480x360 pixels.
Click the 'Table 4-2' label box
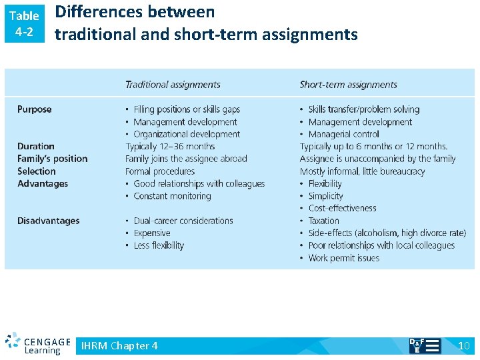click(x=24, y=23)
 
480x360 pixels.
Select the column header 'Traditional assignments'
click(x=173, y=85)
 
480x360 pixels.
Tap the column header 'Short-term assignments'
click(x=348, y=85)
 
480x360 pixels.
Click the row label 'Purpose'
click(x=34, y=109)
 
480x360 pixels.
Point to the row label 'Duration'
click(x=36, y=147)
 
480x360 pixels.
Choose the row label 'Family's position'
click(x=53, y=159)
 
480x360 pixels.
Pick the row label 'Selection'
click(x=37, y=171)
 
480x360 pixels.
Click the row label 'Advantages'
click(x=43, y=183)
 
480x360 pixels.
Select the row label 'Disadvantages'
click(x=49, y=221)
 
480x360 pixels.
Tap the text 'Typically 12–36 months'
click(x=170, y=147)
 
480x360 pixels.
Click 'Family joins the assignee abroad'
click(x=186, y=159)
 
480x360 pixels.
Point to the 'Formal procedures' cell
click(x=159, y=171)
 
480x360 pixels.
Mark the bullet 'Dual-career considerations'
click(x=183, y=221)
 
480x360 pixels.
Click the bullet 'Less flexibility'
click(x=159, y=245)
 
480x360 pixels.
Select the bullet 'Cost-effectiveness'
click(x=343, y=209)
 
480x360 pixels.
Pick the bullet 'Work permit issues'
click(x=343, y=258)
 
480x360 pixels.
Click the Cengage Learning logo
click(x=38, y=344)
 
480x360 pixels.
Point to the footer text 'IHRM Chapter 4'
click(x=119, y=345)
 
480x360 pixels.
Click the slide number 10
click(x=464, y=345)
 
